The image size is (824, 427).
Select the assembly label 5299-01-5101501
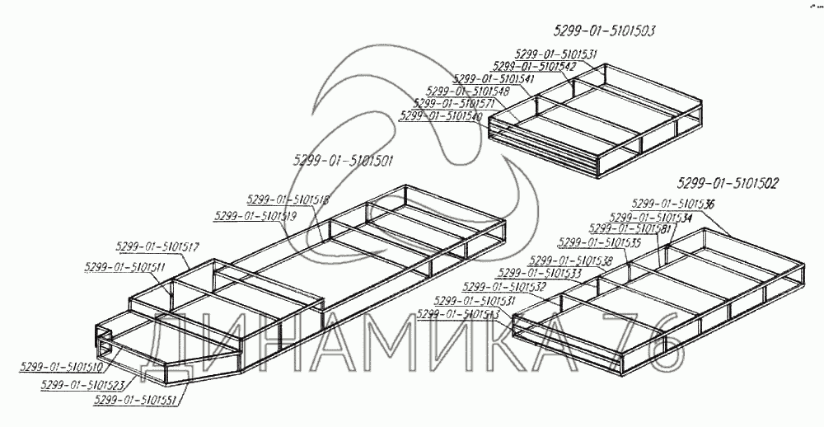(x=343, y=160)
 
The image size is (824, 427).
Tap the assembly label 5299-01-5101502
(x=728, y=183)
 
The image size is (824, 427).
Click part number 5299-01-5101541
(x=494, y=79)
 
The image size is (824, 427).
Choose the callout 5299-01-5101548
(x=469, y=91)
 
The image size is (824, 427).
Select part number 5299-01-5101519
(x=255, y=216)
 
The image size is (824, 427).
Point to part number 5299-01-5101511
(x=124, y=267)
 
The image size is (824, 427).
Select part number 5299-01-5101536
(x=673, y=204)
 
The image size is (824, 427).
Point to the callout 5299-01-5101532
(x=504, y=286)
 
